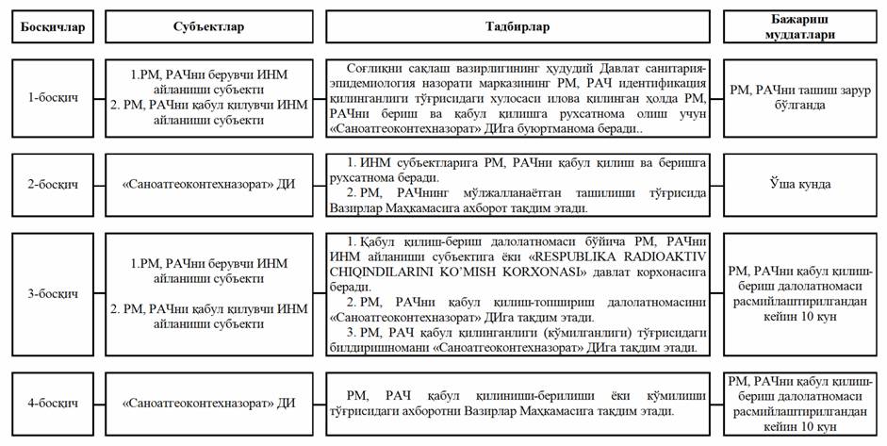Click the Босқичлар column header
click(x=54, y=27)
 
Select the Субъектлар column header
click(x=209, y=27)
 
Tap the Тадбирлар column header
click(x=519, y=27)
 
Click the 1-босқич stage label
click(x=54, y=97)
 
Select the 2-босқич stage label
click(x=54, y=186)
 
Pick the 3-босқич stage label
click(x=54, y=293)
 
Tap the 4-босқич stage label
click(x=54, y=404)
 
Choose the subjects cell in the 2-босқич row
click(x=209, y=186)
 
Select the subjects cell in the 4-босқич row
click(x=209, y=404)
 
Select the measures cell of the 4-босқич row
click(x=519, y=404)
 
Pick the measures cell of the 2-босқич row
click(x=519, y=186)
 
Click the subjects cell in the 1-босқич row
click(x=209, y=97)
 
